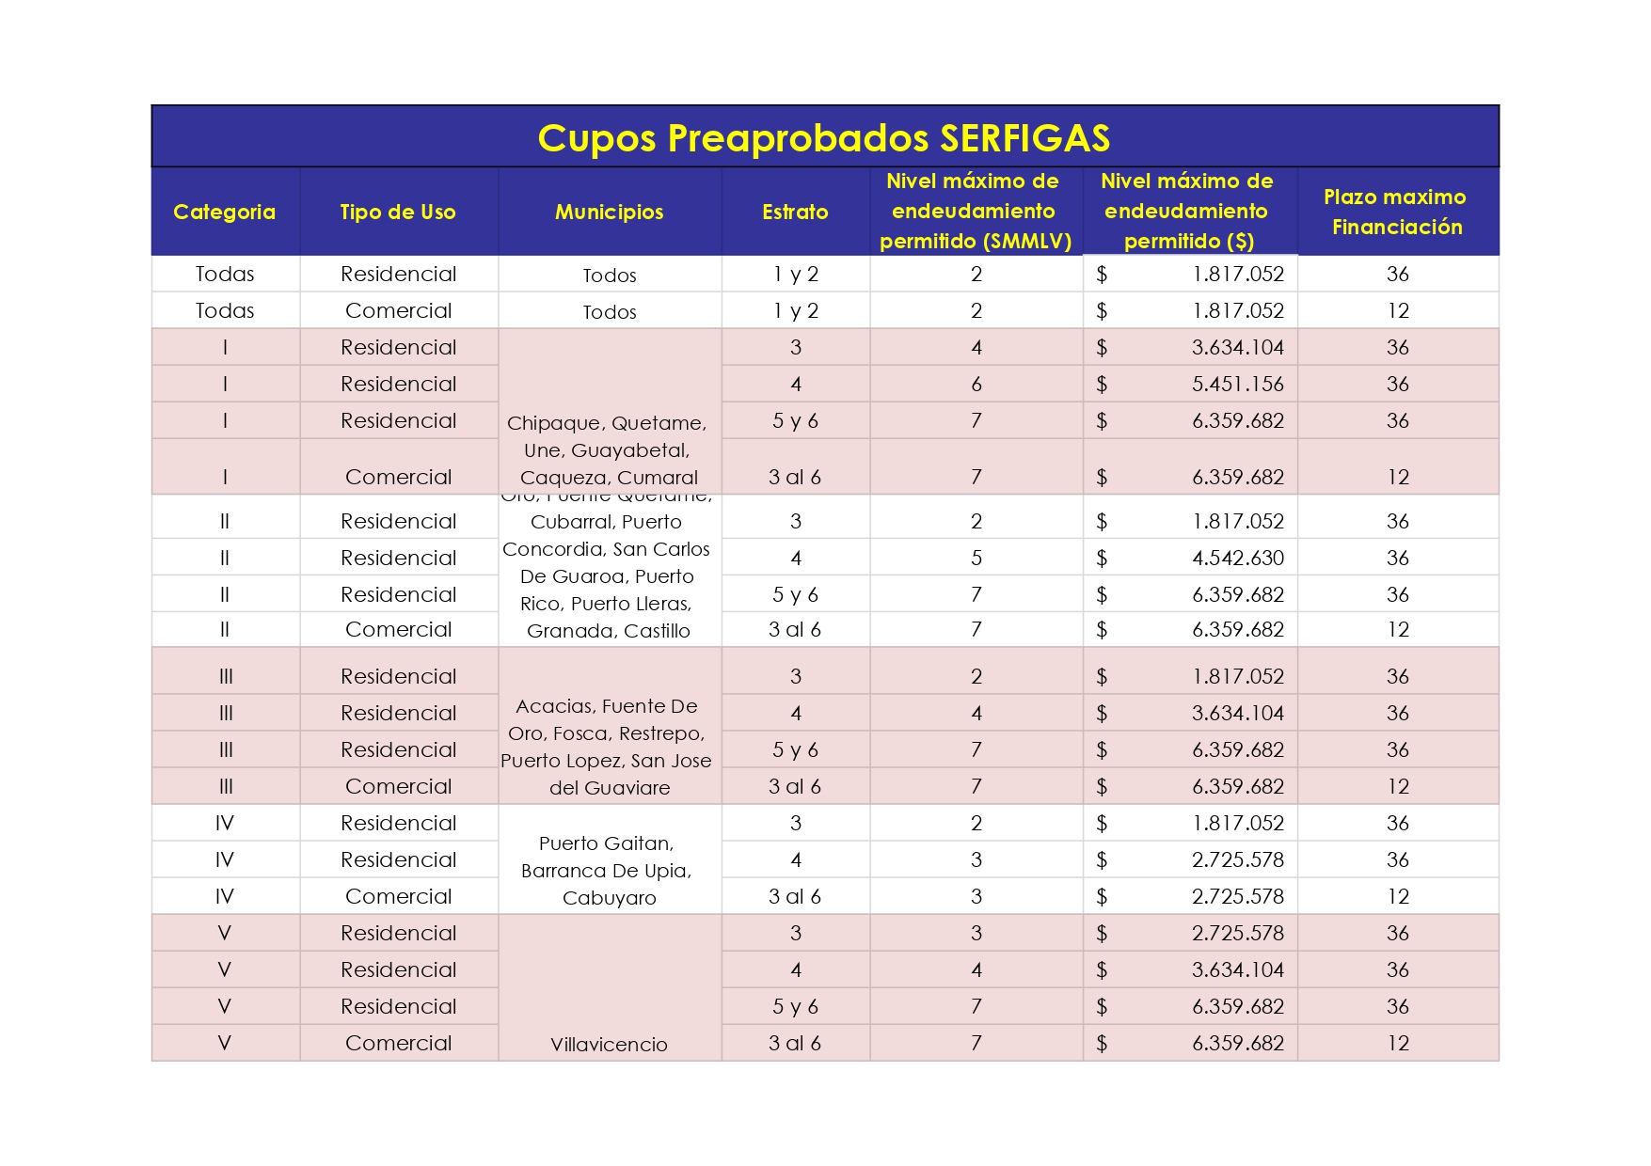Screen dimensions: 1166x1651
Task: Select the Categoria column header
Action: click(x=225, y=213)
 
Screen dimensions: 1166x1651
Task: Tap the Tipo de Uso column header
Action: click(x=398, y=213)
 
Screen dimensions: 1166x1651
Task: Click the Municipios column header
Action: click(x=609, y=213)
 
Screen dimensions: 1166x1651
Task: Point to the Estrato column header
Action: click(x=795, y=213)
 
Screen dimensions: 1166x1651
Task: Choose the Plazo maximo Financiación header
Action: click(x=1396, y=213)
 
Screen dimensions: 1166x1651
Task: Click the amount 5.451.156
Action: click(x=1237, y=385)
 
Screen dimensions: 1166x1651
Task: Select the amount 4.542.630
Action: click(x=1237, y=559)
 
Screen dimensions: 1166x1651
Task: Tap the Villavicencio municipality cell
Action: click(x=609, y=1044)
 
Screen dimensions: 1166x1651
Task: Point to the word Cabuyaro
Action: click(x=609, y=898)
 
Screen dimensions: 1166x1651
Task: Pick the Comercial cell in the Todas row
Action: click(x=398, y=311)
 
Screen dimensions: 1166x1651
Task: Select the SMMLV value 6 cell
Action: click(x=976, y=385)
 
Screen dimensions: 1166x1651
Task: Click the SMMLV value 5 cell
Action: click(x=976, y=559)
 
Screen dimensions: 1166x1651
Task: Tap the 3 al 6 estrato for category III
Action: click(x=795, y=787)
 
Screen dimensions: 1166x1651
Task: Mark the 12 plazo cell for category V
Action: click(x=1398, y=1044)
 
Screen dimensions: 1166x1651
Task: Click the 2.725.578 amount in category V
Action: click(x=1237, y=934)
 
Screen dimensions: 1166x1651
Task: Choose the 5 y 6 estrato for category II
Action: click(x=795, y=595)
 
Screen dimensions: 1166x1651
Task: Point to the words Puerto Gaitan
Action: click(x=606, y=843)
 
